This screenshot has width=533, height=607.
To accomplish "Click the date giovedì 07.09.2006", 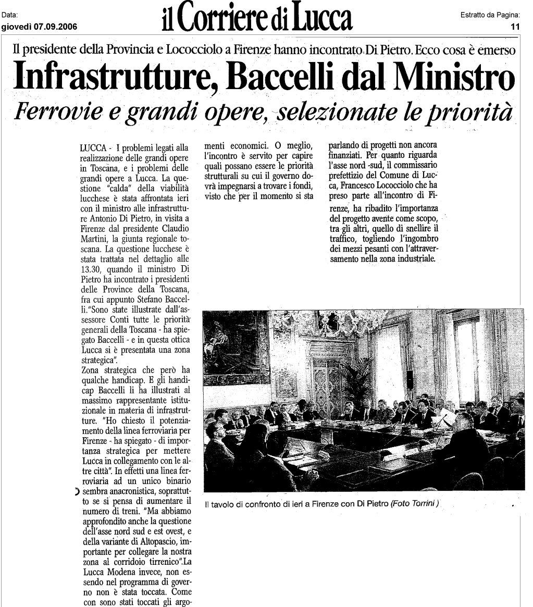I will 40,28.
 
